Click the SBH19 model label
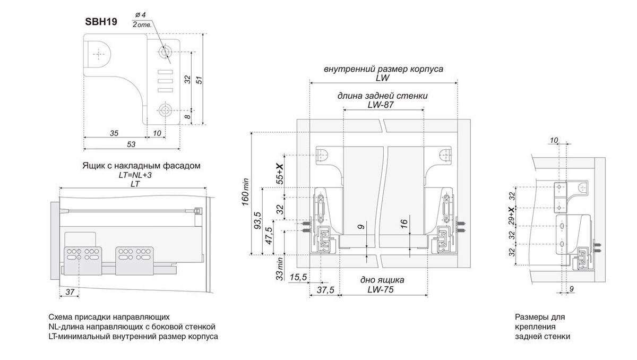pos(101,22)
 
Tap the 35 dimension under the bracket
pos(114,133)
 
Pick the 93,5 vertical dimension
pos(257,220)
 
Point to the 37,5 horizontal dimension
pos(324,289)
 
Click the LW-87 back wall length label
pos(383,105)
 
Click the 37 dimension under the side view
pos(69,292)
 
